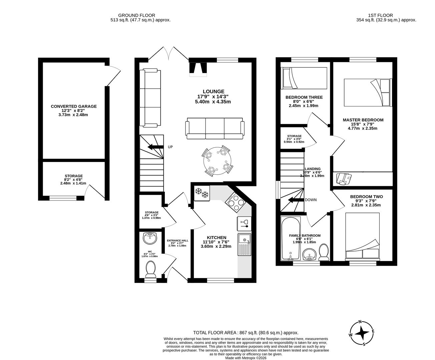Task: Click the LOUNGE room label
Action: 213,91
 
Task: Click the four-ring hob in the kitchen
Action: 235,202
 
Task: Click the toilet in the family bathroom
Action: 324,253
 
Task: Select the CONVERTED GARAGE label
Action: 74,106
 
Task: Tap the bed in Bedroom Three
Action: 304,78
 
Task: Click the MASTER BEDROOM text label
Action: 363,120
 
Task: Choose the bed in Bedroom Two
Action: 362,237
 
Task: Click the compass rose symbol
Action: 362,333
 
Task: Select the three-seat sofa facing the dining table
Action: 214,128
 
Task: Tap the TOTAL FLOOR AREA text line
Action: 246,332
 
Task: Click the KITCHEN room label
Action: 216,237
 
